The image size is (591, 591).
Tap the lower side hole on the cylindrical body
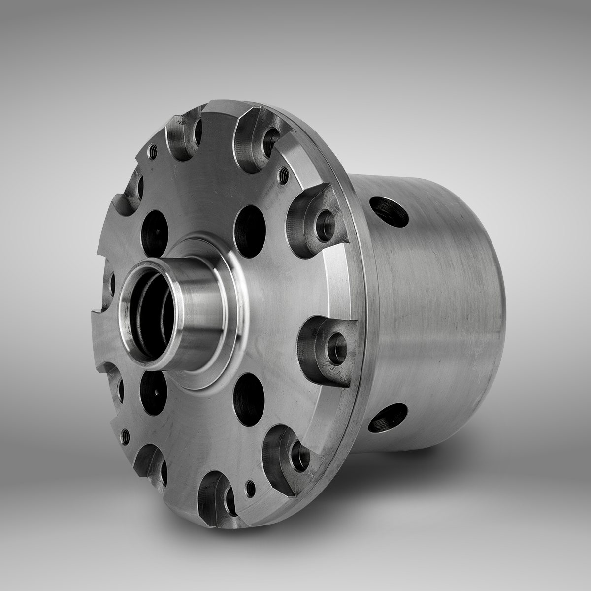pos(389,419)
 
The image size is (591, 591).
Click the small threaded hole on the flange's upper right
pos(284,173)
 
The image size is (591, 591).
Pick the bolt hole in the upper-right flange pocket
pos(325,216)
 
